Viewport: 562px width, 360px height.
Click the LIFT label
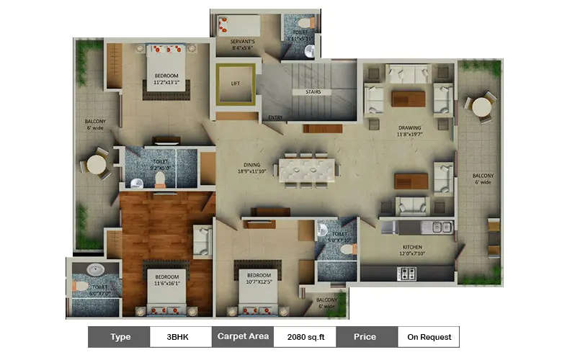[x=236, y=84]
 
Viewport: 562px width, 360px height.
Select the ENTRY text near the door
[x=275, y=117]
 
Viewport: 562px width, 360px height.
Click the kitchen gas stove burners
[x=408, y=274]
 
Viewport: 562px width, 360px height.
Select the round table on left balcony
[x=97, y=165]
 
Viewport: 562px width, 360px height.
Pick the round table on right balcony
[x=481, y=107]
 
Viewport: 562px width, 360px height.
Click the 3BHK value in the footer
[x=181, y=336]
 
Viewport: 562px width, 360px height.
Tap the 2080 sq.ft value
[x=305, y=336]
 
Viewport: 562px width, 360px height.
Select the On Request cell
[x=429, y=336]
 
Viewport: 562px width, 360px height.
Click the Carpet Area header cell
[x=242, y=336]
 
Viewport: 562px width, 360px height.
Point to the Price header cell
[x=366, y=336]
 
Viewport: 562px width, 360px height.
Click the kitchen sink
[x=439, y=227]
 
